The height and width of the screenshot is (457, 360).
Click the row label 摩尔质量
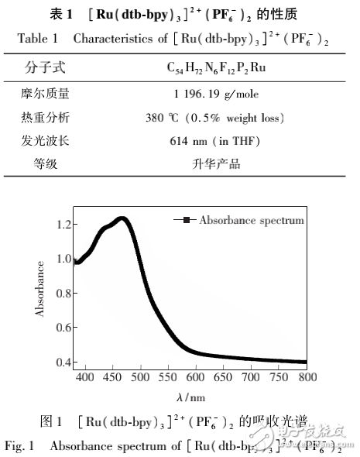[45, 94]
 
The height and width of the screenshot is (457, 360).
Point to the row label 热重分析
[45, 119]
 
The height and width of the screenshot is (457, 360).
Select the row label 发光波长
[45, 142]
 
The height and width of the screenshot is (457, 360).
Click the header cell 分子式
[45, 67]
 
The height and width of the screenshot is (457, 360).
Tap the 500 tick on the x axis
[140, 377]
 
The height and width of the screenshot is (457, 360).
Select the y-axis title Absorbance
[39, 292]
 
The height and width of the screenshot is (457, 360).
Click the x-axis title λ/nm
[190, 397]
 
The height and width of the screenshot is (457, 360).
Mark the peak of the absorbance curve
[121, 219]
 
